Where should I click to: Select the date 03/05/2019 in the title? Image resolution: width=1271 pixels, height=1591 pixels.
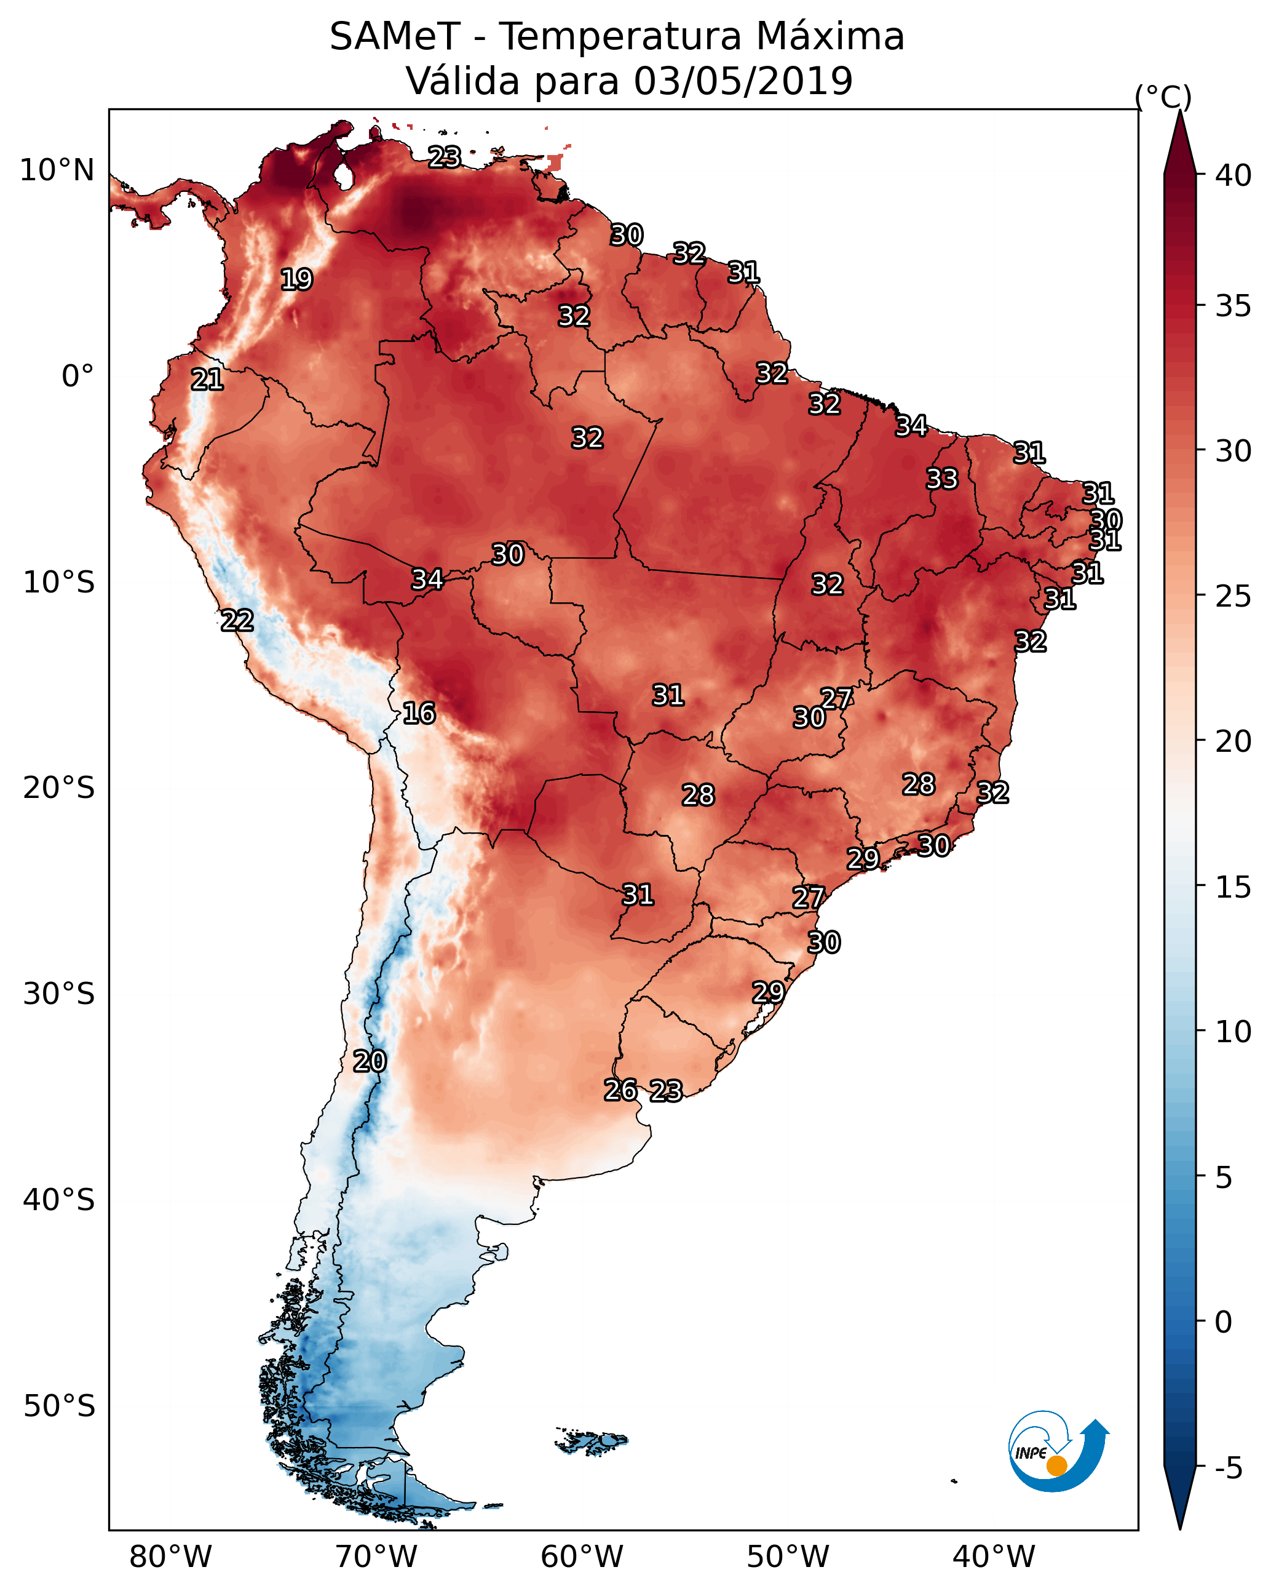pos(743,81)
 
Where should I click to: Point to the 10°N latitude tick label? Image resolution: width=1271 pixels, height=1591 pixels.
pos(57,170)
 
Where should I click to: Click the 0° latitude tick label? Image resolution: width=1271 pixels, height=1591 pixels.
pos(77,377)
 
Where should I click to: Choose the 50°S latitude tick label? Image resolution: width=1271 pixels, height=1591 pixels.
pos(59,1406)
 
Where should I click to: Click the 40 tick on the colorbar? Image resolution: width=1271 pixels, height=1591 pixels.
pos(1233,175)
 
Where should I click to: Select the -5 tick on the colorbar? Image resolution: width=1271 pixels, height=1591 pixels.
pos(1228,1469)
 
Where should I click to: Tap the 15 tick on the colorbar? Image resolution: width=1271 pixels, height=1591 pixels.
pos(1233,888)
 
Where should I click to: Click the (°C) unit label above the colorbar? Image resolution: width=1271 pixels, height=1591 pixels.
pos(1163,97)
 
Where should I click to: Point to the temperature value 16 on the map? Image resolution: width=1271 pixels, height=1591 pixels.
pos(419,714)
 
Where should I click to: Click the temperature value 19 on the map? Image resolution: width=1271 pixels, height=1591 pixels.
pos(296,280)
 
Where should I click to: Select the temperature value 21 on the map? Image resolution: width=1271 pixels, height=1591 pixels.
pos(207,380)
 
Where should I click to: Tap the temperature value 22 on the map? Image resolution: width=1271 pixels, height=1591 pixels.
pos(237,621)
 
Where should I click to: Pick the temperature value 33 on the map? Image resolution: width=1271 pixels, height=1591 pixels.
pos(942,479)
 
